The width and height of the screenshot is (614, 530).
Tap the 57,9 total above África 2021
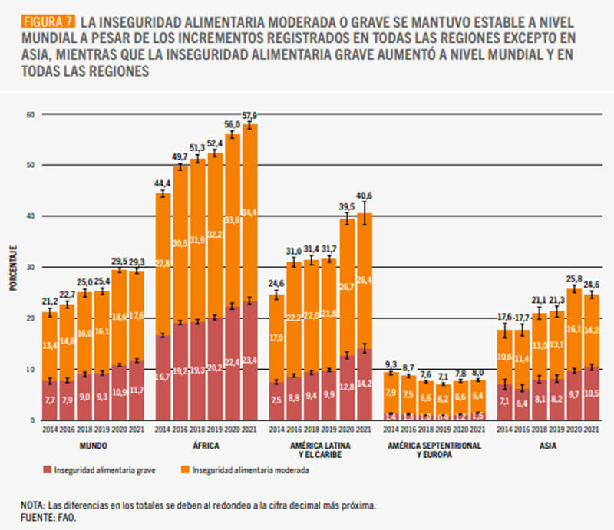point(250,115)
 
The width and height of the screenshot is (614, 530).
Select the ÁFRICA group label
point(206,445)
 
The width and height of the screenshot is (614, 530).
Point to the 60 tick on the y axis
point(31,115)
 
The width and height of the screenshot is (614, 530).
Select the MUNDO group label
point(93,445)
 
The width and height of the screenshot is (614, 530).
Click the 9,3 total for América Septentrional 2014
point(390,364)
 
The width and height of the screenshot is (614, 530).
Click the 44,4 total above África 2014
point(162,183)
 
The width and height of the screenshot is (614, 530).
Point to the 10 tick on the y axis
point(31,369)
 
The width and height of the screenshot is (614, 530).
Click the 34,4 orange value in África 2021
point(250,212)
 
